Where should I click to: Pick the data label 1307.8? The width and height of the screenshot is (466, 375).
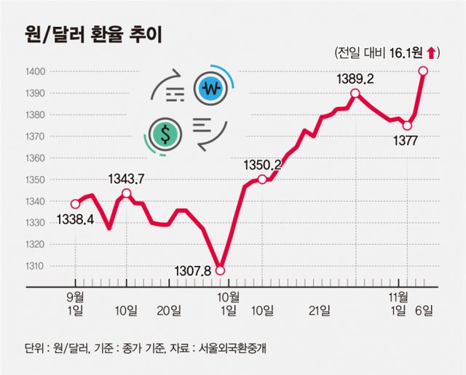tap(193, 270)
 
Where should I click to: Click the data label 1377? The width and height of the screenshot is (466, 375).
tap(403, 141)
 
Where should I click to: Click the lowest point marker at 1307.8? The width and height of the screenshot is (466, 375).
tap(221, 270)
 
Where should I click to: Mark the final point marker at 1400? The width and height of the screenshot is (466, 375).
tap(423, 71)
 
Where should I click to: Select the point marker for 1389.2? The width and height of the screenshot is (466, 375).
tap(355, 93)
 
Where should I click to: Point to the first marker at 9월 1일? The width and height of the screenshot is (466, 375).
tap(75, 204)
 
